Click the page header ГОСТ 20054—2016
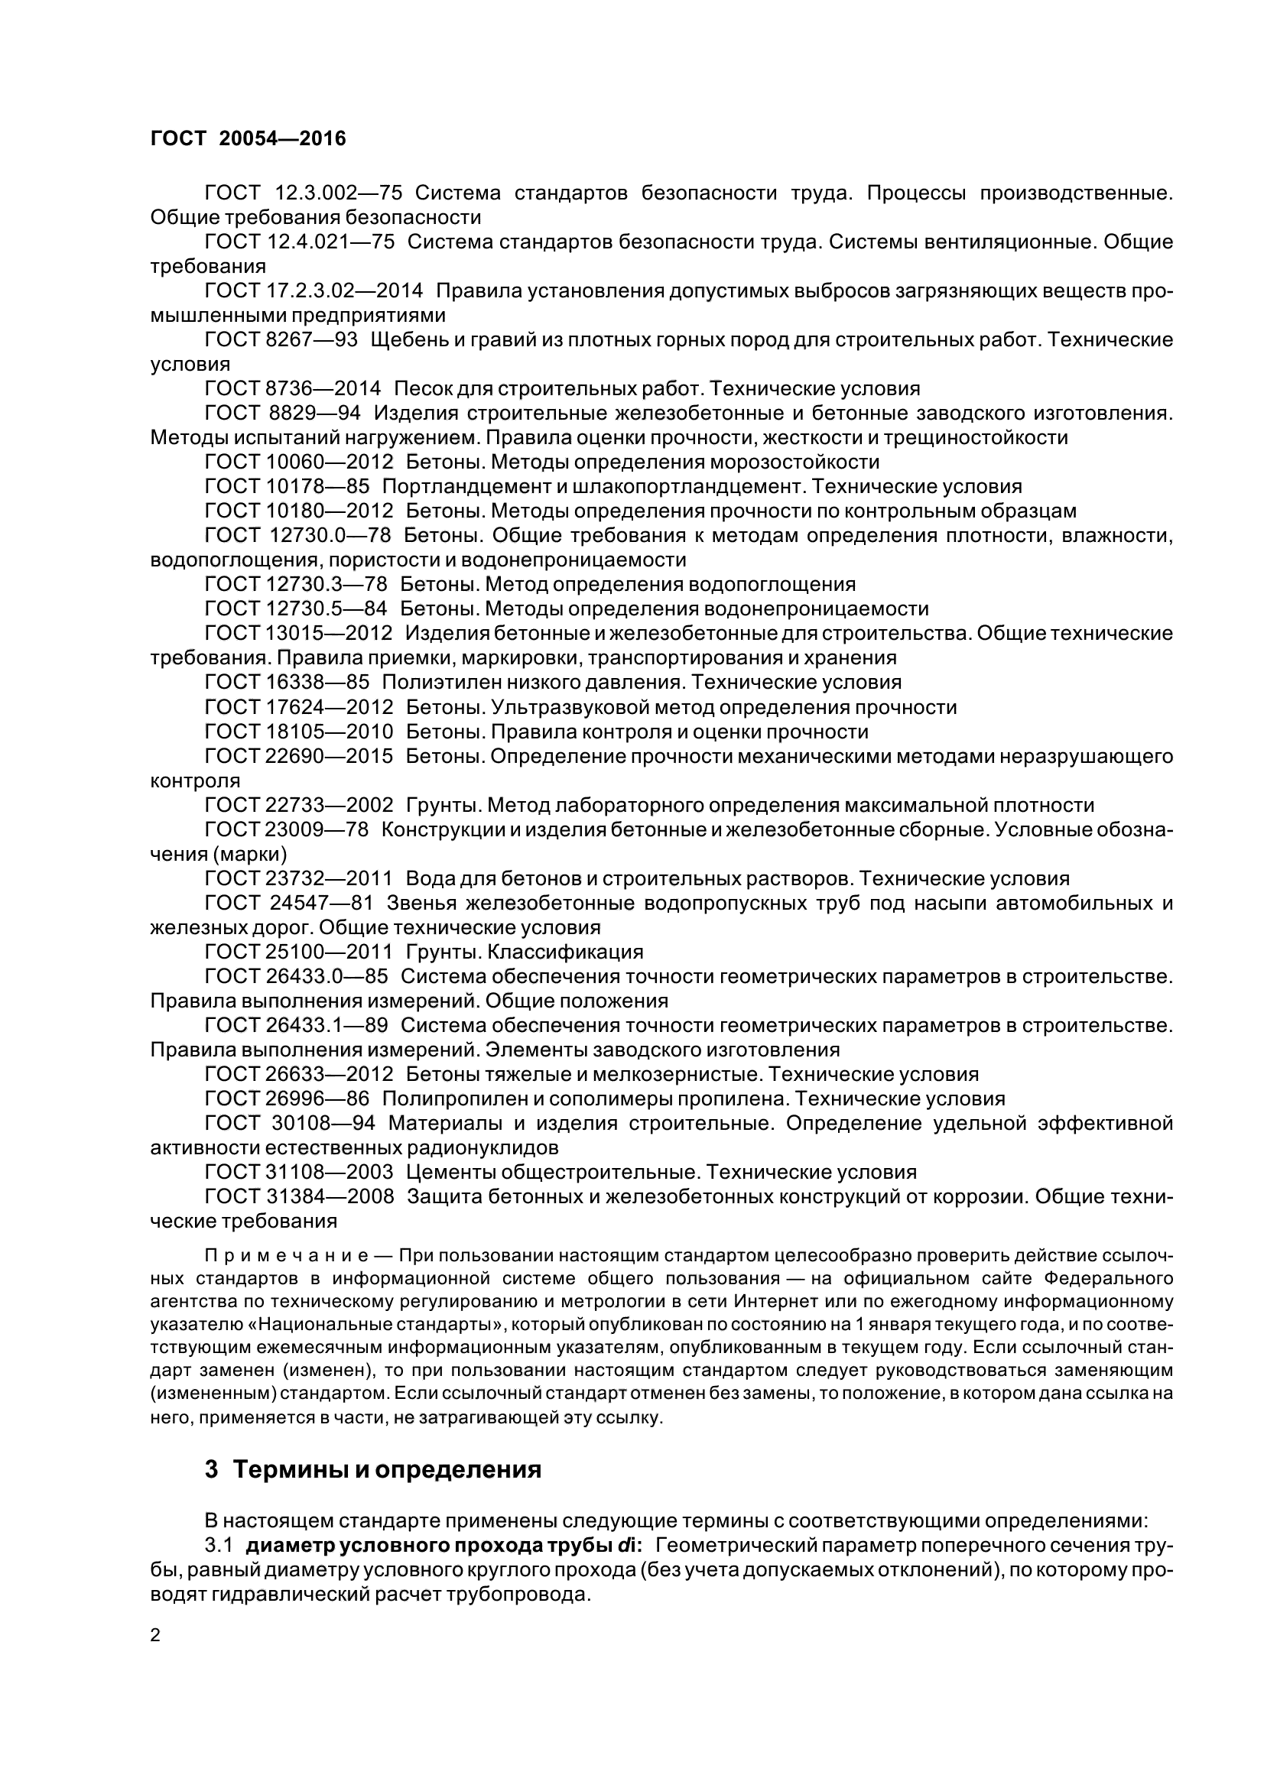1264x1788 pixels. [x=248, y=138]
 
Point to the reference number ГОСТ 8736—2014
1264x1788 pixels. [x=293, y=388]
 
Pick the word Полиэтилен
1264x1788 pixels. [x=435, y=683]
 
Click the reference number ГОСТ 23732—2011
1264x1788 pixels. [x=298, y=879]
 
